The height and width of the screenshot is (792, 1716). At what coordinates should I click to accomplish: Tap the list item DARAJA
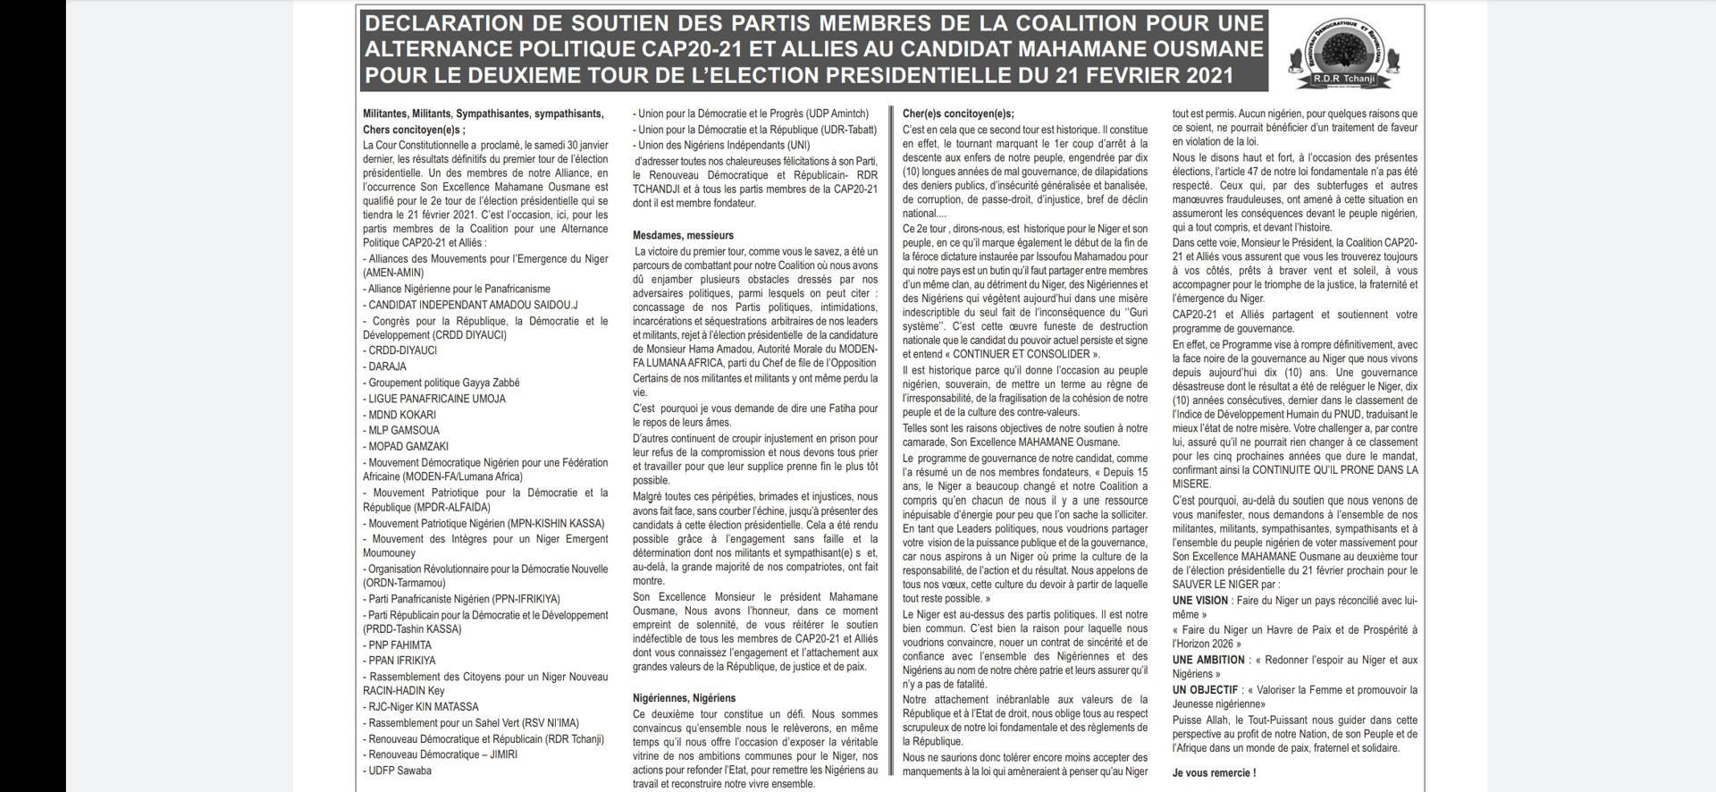tap(387, 367)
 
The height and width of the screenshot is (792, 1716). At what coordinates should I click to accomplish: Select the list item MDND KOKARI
tap(402, 415)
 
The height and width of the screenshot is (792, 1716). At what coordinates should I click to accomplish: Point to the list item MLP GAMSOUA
tap(403, 430)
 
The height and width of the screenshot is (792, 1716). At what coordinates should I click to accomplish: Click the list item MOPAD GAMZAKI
tap(408, 446)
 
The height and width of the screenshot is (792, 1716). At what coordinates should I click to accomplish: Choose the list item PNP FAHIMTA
tap(400, 645)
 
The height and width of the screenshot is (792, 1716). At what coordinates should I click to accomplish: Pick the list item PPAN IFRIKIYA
tap(402, 661)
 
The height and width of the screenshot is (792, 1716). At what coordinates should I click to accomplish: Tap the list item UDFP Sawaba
tap(400, 771)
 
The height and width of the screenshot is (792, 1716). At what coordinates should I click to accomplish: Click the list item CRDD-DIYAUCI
tap(402, 350)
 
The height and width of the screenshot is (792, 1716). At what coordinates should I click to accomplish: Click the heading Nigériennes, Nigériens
tap(685, 698)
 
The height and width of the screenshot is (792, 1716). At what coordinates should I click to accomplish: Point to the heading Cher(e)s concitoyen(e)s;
tap(958, 114)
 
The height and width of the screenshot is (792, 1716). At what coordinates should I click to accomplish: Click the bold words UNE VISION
tap(1200, 601)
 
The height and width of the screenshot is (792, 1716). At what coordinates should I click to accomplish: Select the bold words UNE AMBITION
tap(1208, 660)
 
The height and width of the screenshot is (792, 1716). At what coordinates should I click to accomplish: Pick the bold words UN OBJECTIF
tap(1205, 690)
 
